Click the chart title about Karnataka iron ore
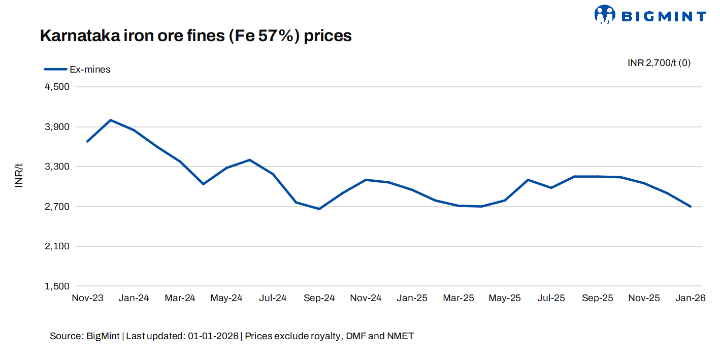pos(195,36)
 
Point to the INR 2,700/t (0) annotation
pos(659,63)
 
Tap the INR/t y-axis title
pos(19,175)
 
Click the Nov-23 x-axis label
pos(87,298)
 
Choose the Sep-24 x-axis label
pos(319,298)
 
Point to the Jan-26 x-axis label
pos(691,298)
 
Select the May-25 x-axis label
pos(505,298)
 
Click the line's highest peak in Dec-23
pos(111,120)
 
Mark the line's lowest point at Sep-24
pos(319,209)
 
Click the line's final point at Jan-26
pos(691,207)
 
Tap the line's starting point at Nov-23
pos(87,141)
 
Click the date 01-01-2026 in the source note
pos(213,336)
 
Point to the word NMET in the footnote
pos(401,336)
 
